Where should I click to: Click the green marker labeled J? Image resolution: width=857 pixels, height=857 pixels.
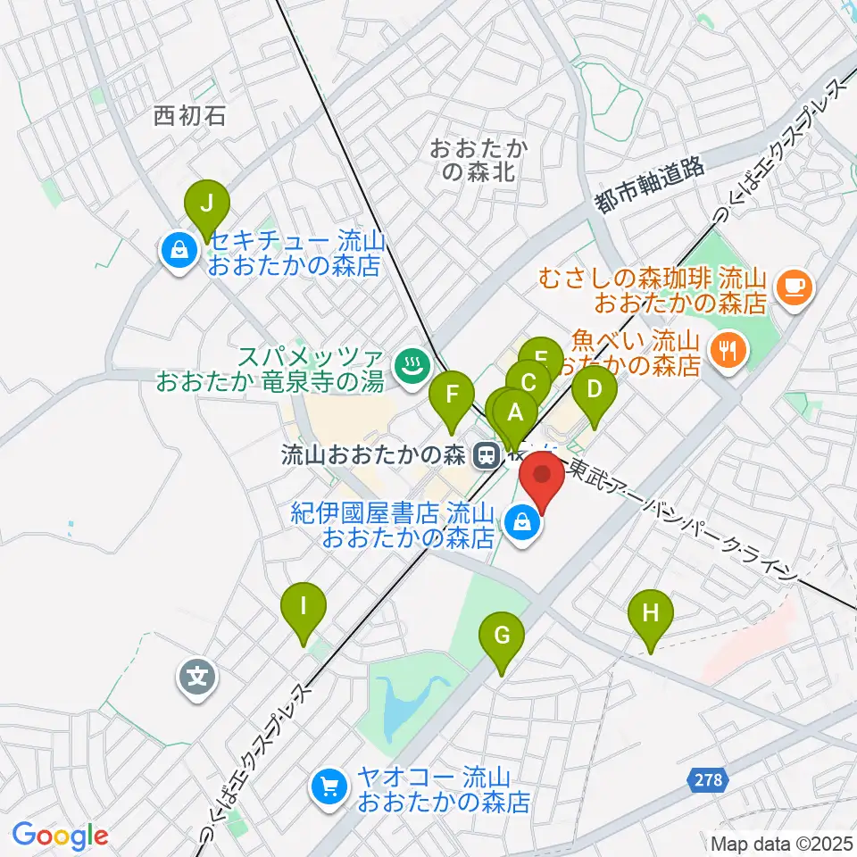206,204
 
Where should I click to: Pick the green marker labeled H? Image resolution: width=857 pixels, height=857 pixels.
651,614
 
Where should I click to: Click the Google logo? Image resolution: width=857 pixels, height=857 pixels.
60,836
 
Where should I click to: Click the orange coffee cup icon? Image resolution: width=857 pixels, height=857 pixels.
793,286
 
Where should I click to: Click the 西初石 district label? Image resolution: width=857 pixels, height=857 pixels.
189,114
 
